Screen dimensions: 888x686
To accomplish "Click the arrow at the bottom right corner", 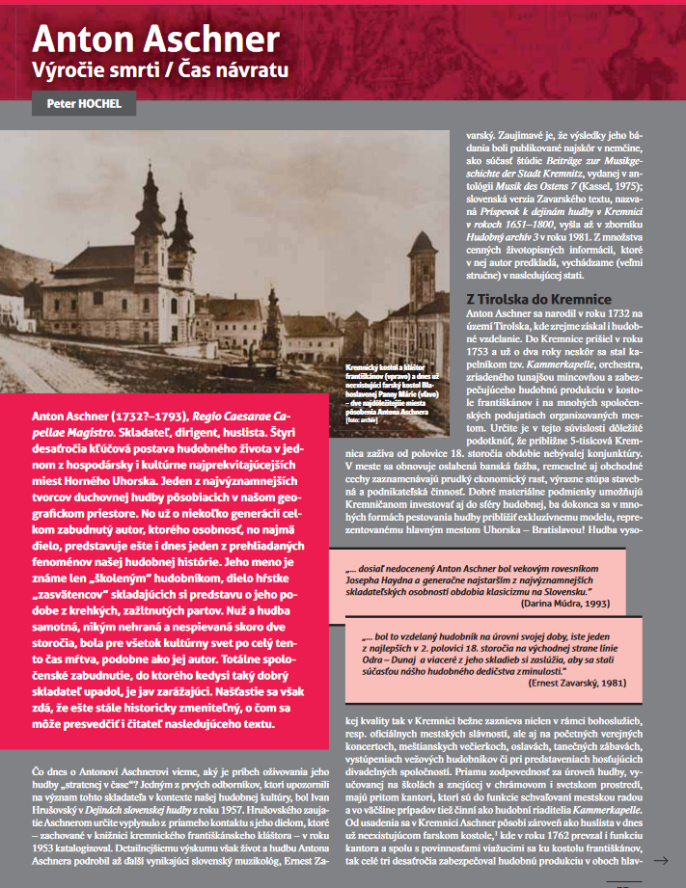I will (662, 859).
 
